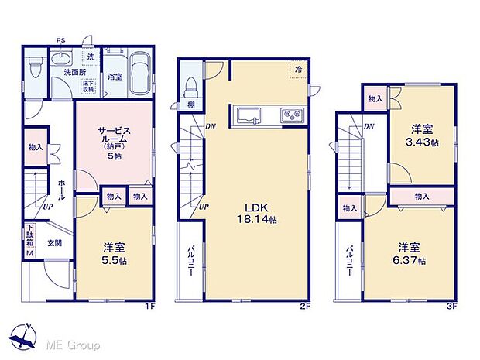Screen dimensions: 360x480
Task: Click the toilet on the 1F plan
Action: pos(33,70)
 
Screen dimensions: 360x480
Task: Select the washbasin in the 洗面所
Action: pos(60,59)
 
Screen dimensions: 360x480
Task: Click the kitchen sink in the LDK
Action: pos(252,116)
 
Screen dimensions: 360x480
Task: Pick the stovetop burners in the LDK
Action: pos(291,116)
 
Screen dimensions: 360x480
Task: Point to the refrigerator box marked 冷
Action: pos(298,70)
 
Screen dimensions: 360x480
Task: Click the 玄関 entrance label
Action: pos(53,243)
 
